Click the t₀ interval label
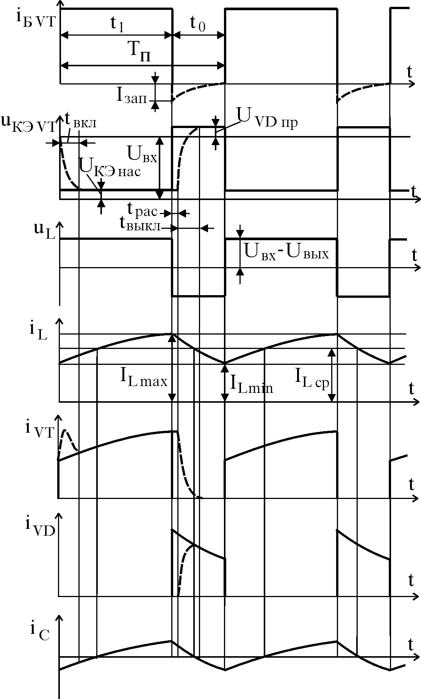(x=198, y=23)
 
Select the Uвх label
(x=142, y=155)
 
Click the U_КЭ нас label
(x=110, y=167)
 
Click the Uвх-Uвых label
(x=286, y=252)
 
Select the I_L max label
(x=144, y=379)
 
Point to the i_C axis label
(x=40, y=631)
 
